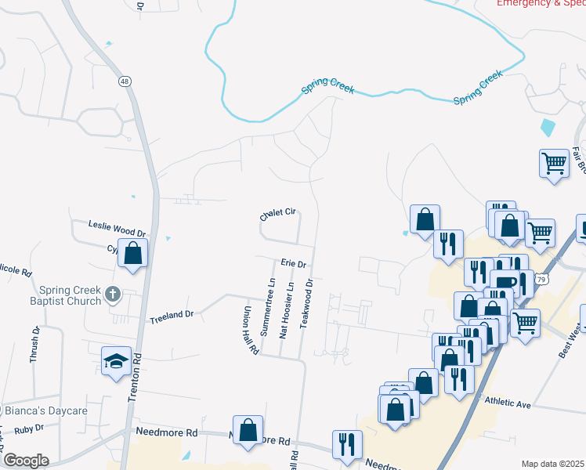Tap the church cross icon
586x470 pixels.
point(113,296)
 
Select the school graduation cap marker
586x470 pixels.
point(116,361)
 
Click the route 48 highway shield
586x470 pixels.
point(125,80)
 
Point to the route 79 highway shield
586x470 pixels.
point(541,278)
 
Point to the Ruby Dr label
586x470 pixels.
point(28,429)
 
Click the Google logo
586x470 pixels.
point(26,460)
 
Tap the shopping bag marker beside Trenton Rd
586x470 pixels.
point(133,253)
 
